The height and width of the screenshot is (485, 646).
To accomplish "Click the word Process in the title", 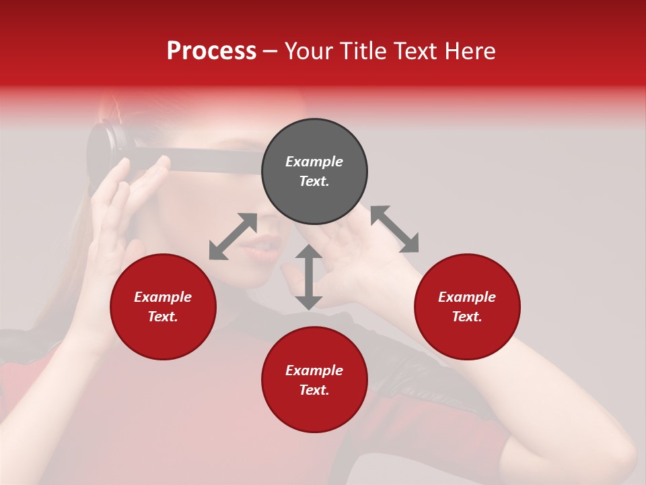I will (x=211, y=51).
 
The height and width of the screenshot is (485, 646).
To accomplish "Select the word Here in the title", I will (x=470, y=51).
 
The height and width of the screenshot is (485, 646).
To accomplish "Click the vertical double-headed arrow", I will (x=309, y=277).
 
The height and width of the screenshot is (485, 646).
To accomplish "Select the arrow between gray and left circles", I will (x=233, y=236).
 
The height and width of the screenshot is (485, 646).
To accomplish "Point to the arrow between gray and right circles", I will (x=395, y=229).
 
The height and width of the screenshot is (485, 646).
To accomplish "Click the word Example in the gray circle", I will (x=314, y=162).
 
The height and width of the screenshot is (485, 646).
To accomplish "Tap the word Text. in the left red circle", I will (x=163, y=317).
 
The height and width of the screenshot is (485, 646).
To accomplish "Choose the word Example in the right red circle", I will (x=467, y=297).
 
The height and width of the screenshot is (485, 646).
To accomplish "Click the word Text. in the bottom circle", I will (x=314, y=390).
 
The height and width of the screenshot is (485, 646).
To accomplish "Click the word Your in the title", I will (x=310, y=51).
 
